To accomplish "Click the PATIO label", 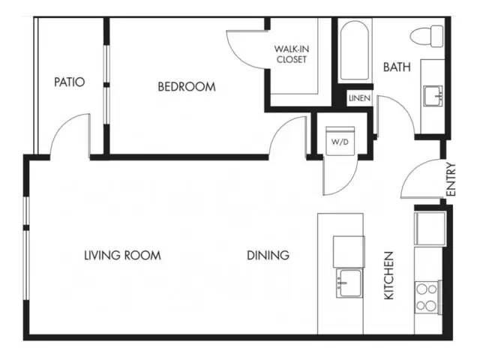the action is click(70, 82).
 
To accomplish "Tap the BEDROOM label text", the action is click(187, 87).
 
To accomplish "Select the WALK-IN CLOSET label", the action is click(292, 54).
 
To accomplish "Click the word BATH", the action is click(397, 67).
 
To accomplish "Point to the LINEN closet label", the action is click(359, 98).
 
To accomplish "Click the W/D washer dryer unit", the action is click(340, 141).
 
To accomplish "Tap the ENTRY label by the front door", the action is click(451, 179).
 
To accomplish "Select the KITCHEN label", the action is click(388, 275).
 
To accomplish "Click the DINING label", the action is click(268, 255).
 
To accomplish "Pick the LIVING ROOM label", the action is click(122, 255).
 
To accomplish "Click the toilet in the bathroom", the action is click(427, 36).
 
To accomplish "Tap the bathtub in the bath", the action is click(355, 50).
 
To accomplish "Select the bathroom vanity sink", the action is click(433, 96).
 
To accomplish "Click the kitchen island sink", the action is click(349, 283).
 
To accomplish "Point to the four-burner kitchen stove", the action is click(427, 297).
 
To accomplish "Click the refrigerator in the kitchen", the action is click(429, 228).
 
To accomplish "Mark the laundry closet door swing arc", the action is click(348, 184).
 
